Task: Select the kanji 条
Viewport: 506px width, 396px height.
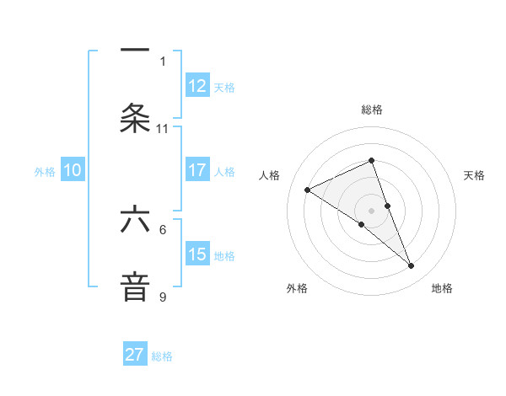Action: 135,118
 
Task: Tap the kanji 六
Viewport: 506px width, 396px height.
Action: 135,220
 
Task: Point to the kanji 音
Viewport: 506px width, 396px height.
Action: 135,286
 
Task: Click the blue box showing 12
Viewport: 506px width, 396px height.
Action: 197,86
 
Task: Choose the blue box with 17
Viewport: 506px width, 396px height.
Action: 197,170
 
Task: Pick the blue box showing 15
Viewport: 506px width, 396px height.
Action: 197,254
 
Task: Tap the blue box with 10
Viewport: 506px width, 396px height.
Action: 73,170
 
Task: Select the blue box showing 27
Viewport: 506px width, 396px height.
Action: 135,355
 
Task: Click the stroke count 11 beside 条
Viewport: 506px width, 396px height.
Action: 163,129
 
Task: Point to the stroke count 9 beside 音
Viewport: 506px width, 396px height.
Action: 163,297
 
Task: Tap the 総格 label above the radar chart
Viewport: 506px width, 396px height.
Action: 372,110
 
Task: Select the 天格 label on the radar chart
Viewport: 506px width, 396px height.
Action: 475,175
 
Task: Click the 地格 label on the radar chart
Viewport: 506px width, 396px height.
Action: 442,288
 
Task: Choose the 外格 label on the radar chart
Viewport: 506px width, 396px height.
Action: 297,288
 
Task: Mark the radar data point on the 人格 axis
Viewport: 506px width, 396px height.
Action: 308,190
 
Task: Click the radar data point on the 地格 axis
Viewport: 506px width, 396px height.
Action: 412,266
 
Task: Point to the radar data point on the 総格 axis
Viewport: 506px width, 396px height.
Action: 372,160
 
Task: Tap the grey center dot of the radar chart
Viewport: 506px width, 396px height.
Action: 372,210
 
